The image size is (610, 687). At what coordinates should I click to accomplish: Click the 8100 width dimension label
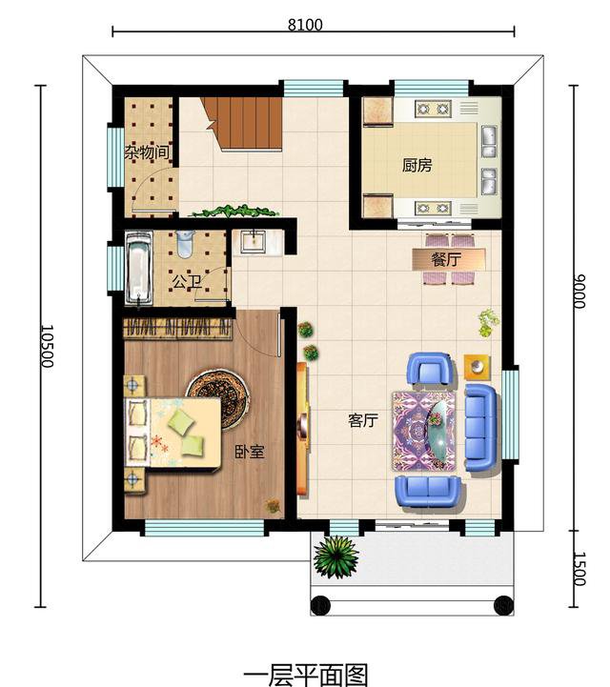click(x=305, y=25)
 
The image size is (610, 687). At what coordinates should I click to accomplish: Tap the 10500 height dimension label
click(x=47, y=346)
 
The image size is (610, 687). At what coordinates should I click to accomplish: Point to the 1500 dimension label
click(x=579, y=569)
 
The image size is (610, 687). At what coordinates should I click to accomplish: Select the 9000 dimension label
click(x=579, y=292)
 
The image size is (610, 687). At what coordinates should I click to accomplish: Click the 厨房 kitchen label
click(x=417, y=165)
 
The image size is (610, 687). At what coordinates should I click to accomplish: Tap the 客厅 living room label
click(x=363, y=420)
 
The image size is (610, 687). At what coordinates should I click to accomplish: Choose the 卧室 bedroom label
click(x=250, y=452)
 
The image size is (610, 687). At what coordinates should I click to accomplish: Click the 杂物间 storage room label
click(x=147, y=152)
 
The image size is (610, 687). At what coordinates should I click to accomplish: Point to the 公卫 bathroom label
click(x=187, y=282)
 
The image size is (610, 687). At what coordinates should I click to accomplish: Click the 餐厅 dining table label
click(x=446, y=259)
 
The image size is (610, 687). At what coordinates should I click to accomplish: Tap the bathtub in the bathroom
click(x=139, y=268)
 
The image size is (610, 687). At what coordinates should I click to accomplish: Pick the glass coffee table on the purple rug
click(x=441, y=429)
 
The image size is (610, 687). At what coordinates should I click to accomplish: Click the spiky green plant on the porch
click(x=336, y=556)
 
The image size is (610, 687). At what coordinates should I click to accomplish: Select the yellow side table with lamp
click(x=478, y=366)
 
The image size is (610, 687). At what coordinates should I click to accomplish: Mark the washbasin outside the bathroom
click(x=254, y=241)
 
